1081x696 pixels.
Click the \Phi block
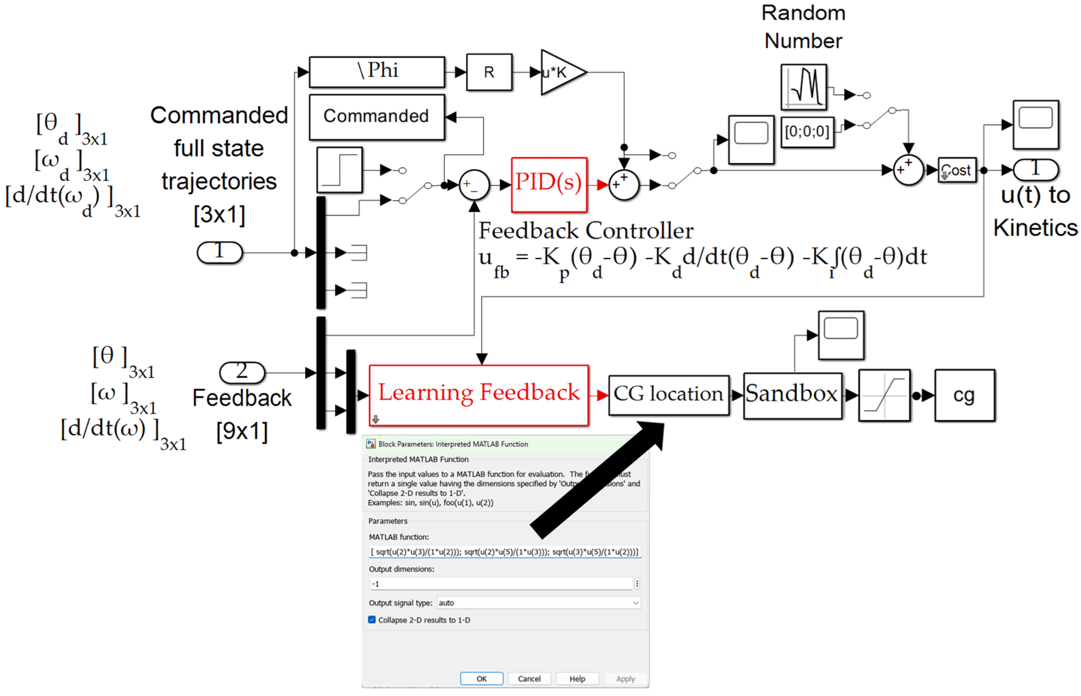click(377, 72)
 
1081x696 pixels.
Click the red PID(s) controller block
click(549, 184)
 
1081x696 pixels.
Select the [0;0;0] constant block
click(807, 132)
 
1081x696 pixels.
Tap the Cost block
click(957, 170)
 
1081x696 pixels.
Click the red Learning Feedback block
click(478, 395)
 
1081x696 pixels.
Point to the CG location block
click(668, 395)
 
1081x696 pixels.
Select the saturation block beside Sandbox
click(883, 395)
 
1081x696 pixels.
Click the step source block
click(339, 170)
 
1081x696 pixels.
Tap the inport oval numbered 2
click(242, 372)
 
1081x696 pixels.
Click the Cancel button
click(529, 678)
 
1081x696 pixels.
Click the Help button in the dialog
click(577, 678)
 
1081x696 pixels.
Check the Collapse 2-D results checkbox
click(372, 620)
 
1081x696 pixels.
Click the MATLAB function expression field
click(504, 552)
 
